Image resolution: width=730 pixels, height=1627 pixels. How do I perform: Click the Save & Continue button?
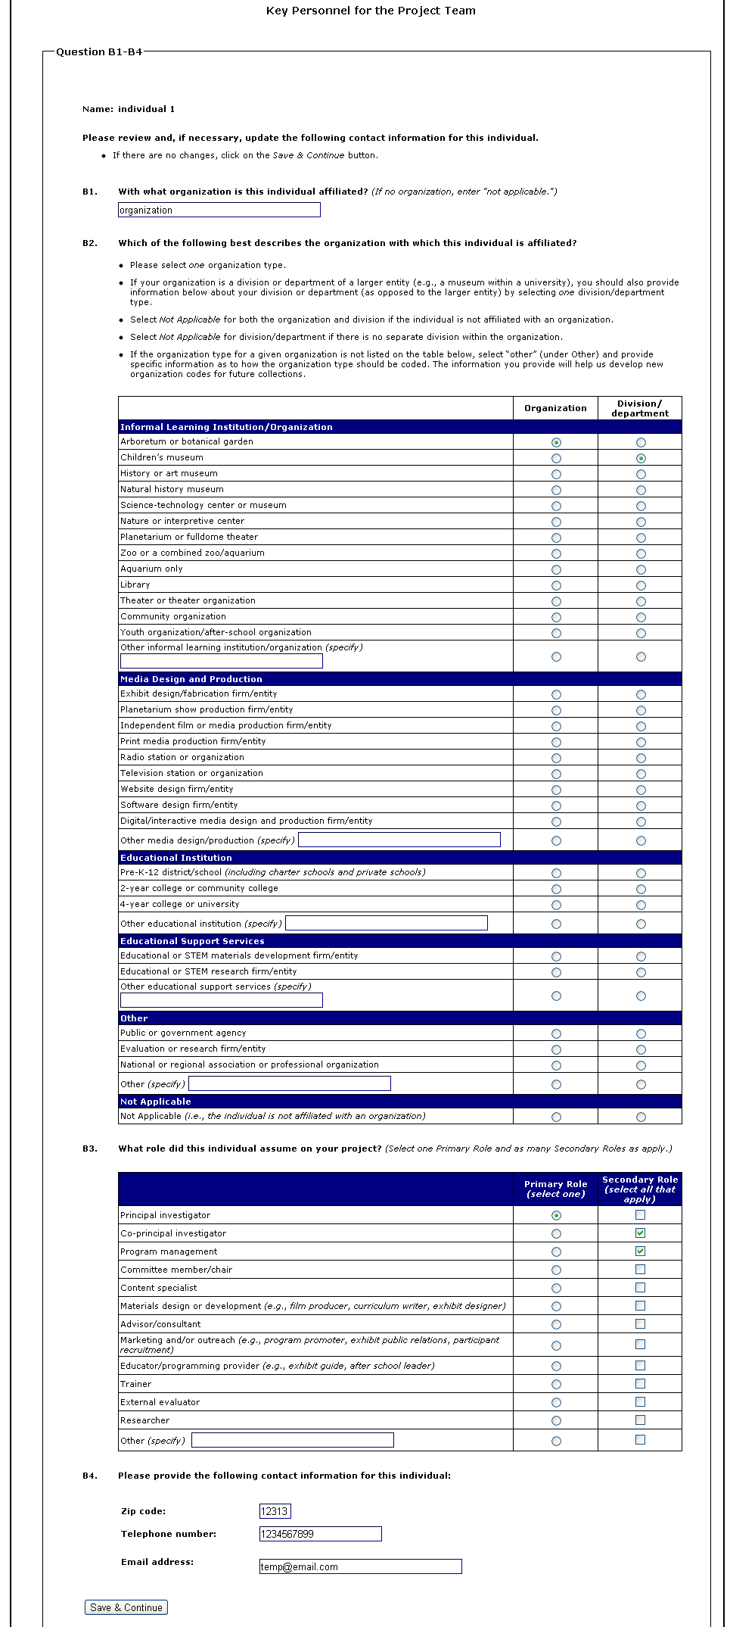(126, 1607)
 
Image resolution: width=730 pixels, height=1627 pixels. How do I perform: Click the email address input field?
(360, 1566)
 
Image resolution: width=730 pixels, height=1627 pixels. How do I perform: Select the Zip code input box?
(275, 1511)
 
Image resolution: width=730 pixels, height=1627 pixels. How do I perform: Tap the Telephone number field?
(320, 1534)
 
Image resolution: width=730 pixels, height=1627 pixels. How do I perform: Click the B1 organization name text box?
(219, 210)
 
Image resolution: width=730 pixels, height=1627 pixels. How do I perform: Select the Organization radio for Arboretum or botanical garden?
(556, 442)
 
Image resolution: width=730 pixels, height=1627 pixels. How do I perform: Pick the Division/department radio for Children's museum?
(641, 458)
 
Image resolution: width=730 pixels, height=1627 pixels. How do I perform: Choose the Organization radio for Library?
(556, 585)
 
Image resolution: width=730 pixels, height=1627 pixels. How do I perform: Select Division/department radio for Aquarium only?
(641, 569)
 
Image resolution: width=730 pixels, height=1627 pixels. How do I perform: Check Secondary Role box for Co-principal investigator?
(640, 1233)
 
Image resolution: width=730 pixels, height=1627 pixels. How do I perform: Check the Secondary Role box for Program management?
(640, 1251)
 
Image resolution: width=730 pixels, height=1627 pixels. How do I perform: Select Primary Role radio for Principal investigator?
(556, 1215)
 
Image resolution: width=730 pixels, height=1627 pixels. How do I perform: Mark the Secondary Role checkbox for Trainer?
(640, 1383)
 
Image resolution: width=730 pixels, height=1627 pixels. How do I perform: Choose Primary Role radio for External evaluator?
(556, 1402)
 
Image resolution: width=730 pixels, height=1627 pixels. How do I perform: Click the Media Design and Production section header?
(191, 679)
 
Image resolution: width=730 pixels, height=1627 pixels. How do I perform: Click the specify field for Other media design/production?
(399, 840)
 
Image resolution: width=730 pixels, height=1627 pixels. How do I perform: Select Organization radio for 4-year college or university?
(556, 905)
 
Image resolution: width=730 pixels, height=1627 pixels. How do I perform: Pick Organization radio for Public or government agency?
(556, 1033)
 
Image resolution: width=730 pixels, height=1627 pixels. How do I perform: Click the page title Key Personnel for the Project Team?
(371, 11)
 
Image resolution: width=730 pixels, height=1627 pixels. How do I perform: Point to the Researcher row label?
(144, 1420)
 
